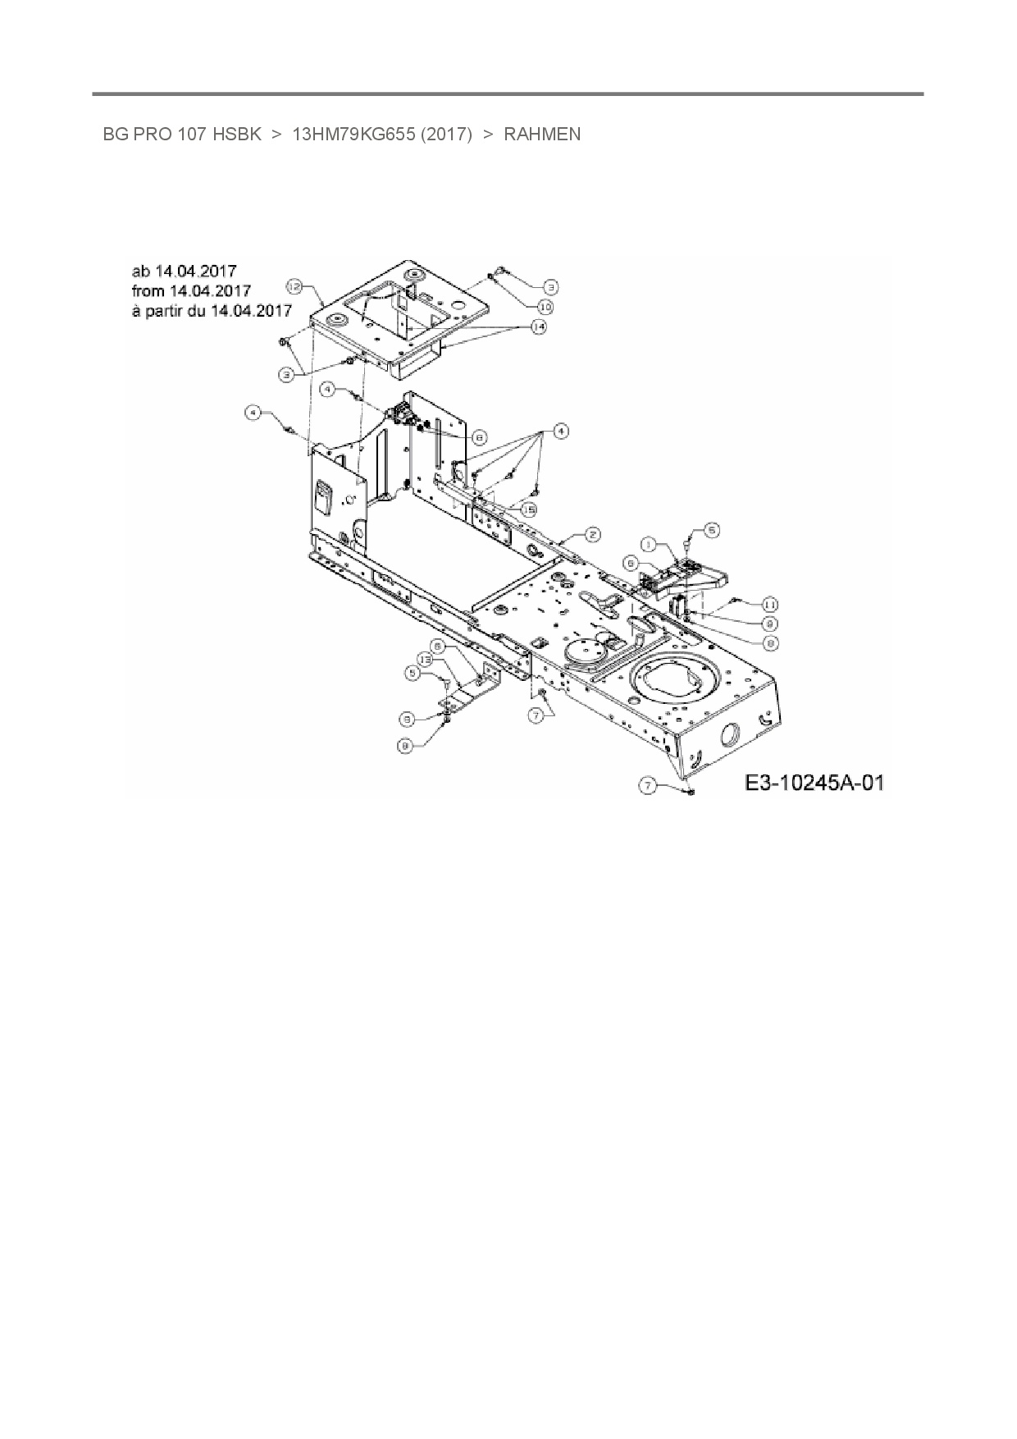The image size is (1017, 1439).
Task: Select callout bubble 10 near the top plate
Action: point(545,307)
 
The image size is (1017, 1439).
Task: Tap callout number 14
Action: point(538,327)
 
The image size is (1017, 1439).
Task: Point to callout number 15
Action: point(529,509)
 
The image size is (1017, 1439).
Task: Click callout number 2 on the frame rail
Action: point(592,535)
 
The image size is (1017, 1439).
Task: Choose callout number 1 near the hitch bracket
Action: point(648,543)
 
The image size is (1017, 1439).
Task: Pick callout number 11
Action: point(769,604)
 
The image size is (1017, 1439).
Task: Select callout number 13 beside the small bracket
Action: point(425,659)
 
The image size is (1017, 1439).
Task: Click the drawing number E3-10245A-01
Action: point(814,783)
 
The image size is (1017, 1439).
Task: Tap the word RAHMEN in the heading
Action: point(542,135)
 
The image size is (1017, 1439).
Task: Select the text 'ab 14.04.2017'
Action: point(184,271)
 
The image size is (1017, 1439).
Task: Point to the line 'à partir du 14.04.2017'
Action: point(212,311)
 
